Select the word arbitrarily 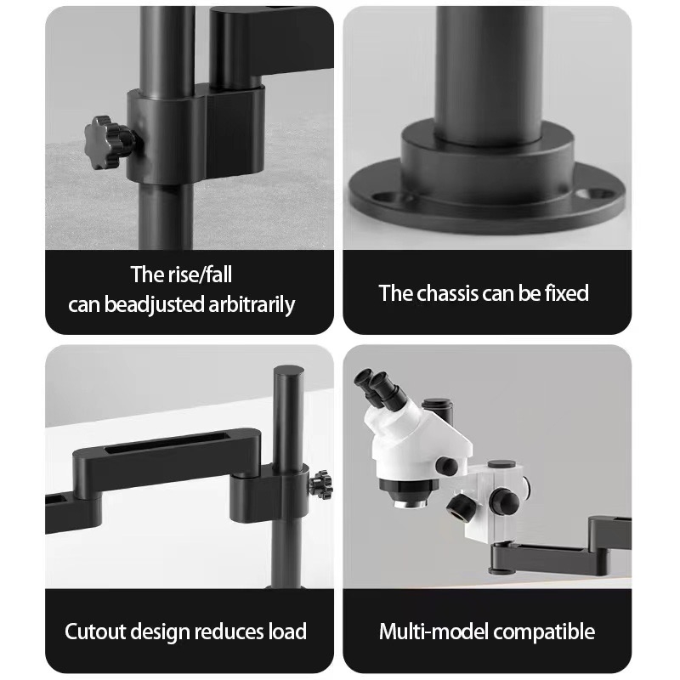point(252,304)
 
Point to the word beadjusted point(154,305)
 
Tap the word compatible point(544,632)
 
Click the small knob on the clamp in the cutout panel point(321,484)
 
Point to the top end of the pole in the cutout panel point(288,371)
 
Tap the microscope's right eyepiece point(387,388)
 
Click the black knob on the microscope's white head point(447,465)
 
